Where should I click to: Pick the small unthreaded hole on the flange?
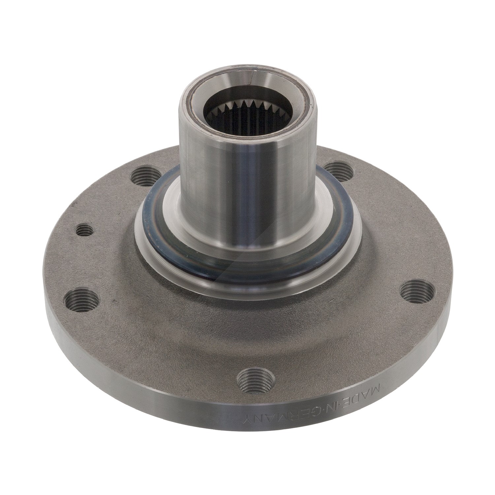[83, 230]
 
